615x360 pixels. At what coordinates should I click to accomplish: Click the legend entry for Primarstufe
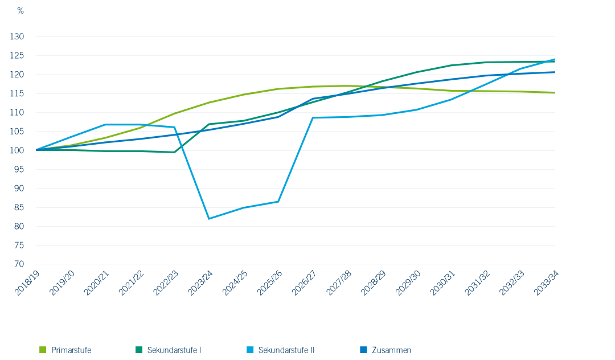coord(65,350)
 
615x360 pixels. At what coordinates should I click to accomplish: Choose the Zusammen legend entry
coord(386,350)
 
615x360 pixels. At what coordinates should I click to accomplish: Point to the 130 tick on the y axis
coord(17,36)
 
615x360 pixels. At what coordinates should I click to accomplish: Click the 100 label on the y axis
coord(17,150)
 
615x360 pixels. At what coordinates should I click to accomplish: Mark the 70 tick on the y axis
coord(19,264)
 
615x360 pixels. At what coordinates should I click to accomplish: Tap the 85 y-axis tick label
coord(19,207)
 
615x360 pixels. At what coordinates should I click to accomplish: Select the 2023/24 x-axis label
coord(200,283)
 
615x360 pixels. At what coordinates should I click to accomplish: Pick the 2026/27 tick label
coord(304,283)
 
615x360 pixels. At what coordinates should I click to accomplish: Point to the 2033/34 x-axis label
coord(546,283)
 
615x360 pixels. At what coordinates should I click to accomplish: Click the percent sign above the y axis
coord(20,11)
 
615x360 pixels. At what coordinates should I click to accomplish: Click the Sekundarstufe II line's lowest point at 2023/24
coord(209,218)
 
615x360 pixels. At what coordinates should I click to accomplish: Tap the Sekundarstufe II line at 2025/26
coord(278,202)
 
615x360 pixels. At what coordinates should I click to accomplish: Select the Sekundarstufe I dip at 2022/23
coord(174,152)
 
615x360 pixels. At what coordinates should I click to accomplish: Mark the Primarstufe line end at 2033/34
coord(555,92)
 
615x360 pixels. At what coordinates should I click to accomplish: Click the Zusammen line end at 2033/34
coord(555,72)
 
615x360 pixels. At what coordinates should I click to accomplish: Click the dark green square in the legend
coord(139,350)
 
